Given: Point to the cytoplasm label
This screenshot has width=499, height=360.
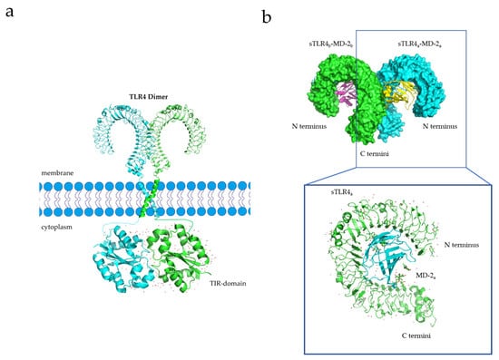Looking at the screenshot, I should tap(56, 228).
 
